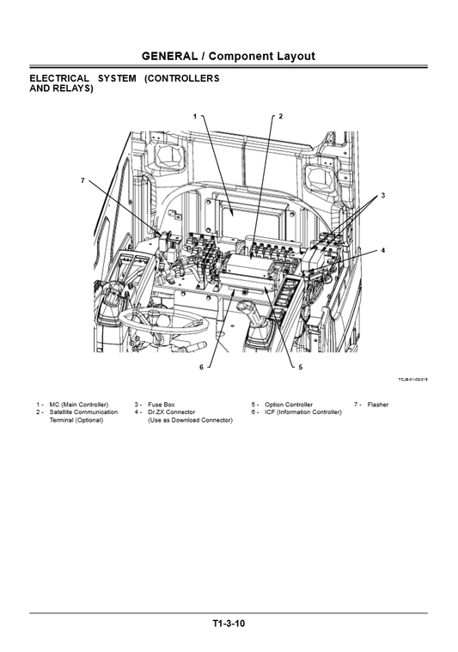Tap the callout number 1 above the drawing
click(x=195, y=115)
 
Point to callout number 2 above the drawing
click(x=280, y=115)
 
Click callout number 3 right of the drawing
click(x=382, y=196)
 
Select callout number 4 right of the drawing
click(x=382, y=250)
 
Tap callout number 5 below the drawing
click(x=301, y=367)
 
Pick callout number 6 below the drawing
click(x=201, y=367)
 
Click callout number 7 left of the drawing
click(x=82, y=181)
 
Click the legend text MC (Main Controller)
click(x=79, y=404)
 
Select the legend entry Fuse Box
click(x=161, y=404)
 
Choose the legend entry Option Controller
click(x=289, y=404)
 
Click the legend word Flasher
click(x=378, y=404)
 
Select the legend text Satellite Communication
click(x=83, y=412)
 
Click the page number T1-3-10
click(x=229, y=624)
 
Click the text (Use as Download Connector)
click(x=190, y=420)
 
